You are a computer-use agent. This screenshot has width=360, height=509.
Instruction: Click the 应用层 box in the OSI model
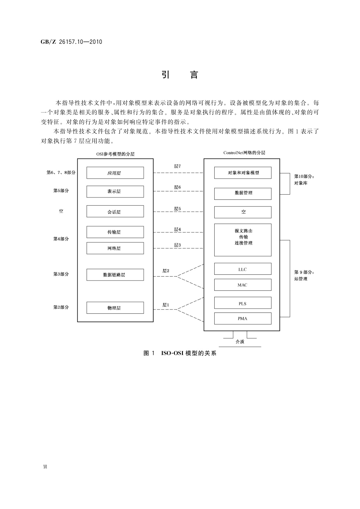(115, 173)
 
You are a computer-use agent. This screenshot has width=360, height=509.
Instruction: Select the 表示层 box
(115, 192)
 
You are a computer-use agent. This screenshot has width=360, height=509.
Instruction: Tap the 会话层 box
(115, 212)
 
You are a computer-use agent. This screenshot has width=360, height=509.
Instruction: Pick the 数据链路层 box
(115, 275)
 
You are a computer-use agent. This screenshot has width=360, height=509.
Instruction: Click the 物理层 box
(115, 308)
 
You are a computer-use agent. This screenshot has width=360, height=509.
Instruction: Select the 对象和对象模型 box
(243, 173)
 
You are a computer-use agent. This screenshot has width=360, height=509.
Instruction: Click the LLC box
(243, 269)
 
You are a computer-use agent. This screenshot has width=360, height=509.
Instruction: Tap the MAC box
(243, 285)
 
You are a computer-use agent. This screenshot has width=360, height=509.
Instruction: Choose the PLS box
(243, 303)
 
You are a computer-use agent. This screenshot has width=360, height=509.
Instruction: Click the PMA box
(243, 318)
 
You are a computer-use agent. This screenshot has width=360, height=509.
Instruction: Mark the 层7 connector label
(177, 166)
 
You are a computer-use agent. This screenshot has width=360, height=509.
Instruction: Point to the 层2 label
(166, 271)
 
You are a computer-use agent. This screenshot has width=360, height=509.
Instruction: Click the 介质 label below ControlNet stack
(240, 342)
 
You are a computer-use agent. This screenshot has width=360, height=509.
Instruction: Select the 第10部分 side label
(304, 176)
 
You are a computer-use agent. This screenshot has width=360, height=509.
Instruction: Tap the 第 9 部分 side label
(304, 272)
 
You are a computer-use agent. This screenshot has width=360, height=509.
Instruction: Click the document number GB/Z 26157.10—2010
(71, 42)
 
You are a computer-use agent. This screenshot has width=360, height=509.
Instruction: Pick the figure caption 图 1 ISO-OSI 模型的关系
(180, 353)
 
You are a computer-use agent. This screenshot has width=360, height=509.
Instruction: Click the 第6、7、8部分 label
(61, 173)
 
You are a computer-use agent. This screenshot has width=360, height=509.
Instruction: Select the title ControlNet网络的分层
(244, 153)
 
